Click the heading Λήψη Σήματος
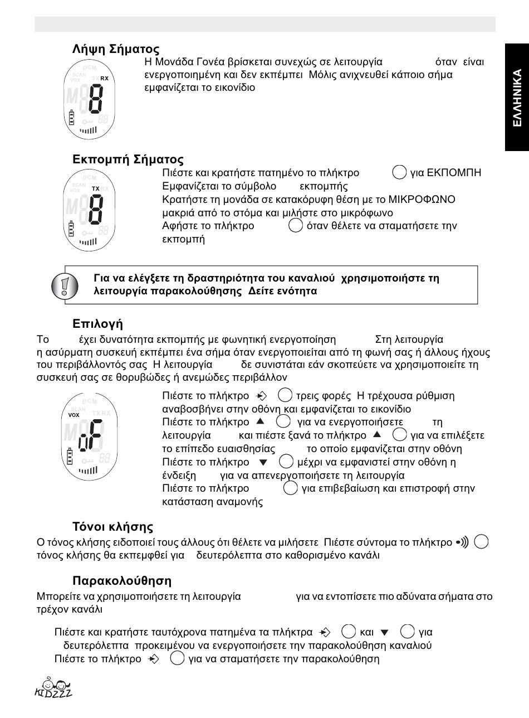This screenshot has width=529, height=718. [116, 49]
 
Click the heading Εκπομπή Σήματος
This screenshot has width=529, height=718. [128, 159]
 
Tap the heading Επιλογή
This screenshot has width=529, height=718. [97, 324]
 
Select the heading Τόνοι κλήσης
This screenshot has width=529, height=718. [112, 527]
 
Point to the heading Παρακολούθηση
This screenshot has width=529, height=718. [122, 581]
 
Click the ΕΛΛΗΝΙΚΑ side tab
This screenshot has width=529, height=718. [517, 98]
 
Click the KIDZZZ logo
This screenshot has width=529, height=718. [53, 688]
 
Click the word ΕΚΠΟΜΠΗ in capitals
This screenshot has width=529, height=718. [453, 173]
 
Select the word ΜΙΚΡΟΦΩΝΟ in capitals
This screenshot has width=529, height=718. [427, 200]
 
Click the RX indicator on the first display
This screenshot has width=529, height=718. [105, 79]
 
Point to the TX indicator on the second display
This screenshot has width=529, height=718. [96, 189]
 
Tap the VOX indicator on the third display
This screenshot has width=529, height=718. [74, 415]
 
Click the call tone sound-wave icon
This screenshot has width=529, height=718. [462, 542]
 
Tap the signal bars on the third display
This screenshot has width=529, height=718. [88, 470]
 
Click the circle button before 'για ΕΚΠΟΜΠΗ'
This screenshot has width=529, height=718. [399, 173]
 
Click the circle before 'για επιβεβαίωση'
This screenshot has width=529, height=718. [290, 488]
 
